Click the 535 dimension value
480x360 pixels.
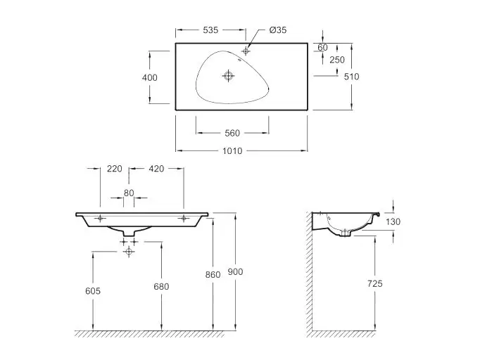click(210, 30)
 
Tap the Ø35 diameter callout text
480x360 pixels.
click(278, 30)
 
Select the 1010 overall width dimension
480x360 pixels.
click(232, 150)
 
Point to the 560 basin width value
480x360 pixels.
click(232, 133)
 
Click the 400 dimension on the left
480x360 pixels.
click(150, 77)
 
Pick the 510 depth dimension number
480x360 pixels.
click(351, 77)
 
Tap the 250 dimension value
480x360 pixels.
click(337, 60)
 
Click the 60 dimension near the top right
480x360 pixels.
click(322, 47)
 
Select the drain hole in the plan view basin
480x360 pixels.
click(228, 75)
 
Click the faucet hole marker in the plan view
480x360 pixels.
click(246, 51)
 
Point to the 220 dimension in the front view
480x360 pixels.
click(115, 169)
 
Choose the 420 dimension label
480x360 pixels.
click(156, 169)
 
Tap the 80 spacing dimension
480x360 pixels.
click(129, 193)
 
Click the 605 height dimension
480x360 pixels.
click(93, 291)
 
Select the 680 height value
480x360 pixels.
click(161, 287)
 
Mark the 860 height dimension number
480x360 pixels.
click(213, 275)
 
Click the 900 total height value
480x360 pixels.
click(235, 271)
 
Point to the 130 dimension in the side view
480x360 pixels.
click(393, 221)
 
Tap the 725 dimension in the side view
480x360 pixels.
click(375, 283)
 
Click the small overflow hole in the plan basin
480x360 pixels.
click(240, 60)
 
